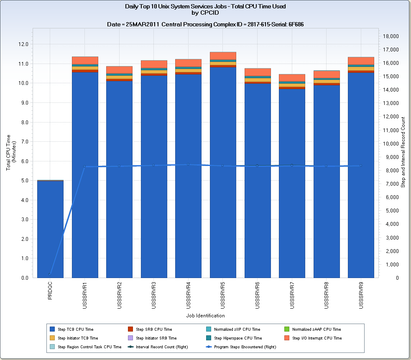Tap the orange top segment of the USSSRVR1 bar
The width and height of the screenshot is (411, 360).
pyautogui.click(x=85, y=60)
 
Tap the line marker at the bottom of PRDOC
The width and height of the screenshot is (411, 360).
pyautogui.click(x=50, y=274)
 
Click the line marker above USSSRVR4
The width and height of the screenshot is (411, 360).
pyautogui.click(x=188, y=164)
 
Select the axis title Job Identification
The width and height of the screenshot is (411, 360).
pyautogui.click(x=205, y=316)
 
